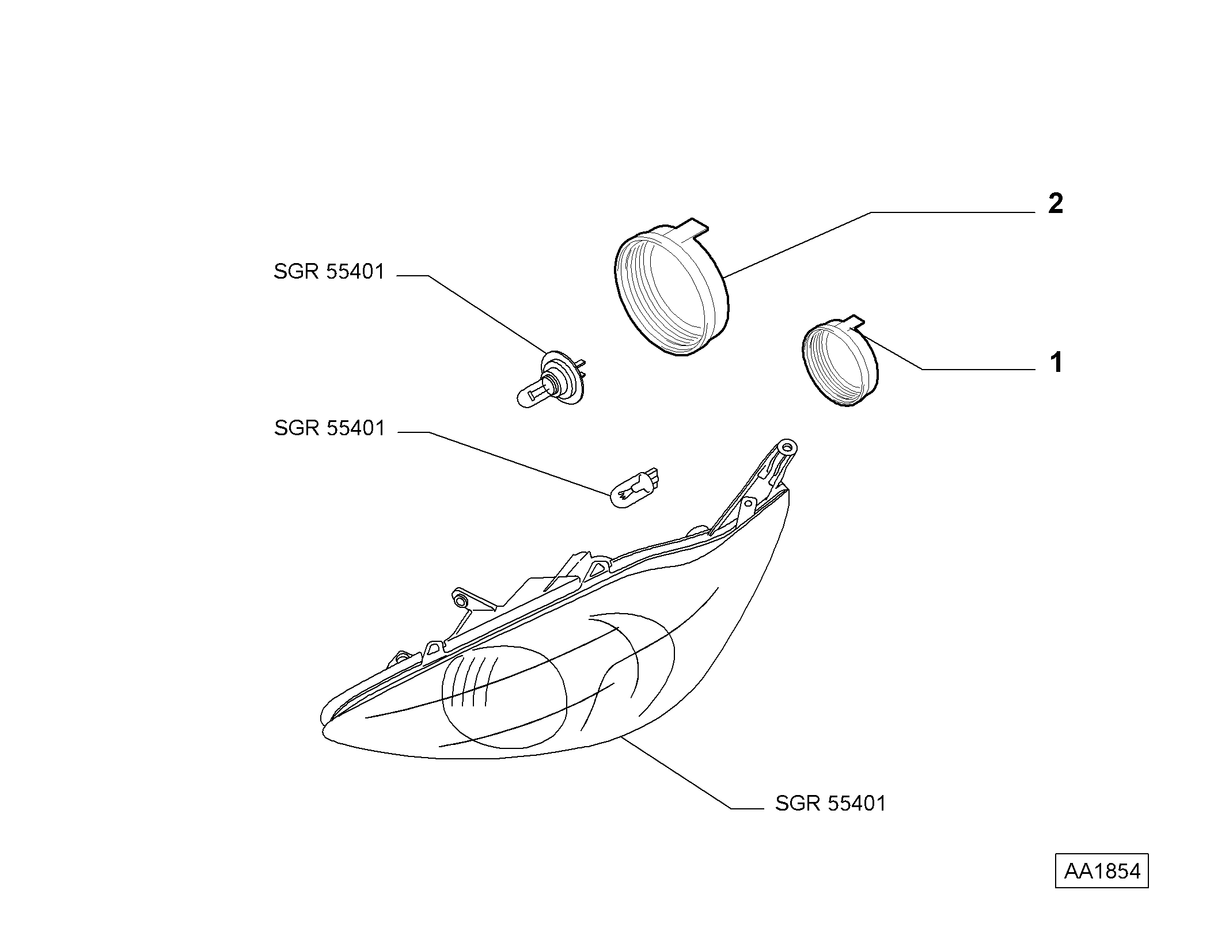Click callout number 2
pyautogui.click(x=1055, y=204)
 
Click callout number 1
pyautogui.click(x=1056, y=363)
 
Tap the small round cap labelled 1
pyautogui.click(x=840, y=363)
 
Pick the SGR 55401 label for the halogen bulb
pyautogui.click(x=329, y=272)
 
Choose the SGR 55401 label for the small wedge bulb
pyautogui.click(x=329, y=428)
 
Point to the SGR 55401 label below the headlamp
pyautogui.click(x=830, y=804)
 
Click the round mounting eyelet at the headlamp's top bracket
pyautogui.click(x=787, y=446)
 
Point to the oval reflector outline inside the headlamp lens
pyautogui.click(x=504, y=697)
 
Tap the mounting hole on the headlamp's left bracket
pyautogui.click(x=460, y=602)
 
